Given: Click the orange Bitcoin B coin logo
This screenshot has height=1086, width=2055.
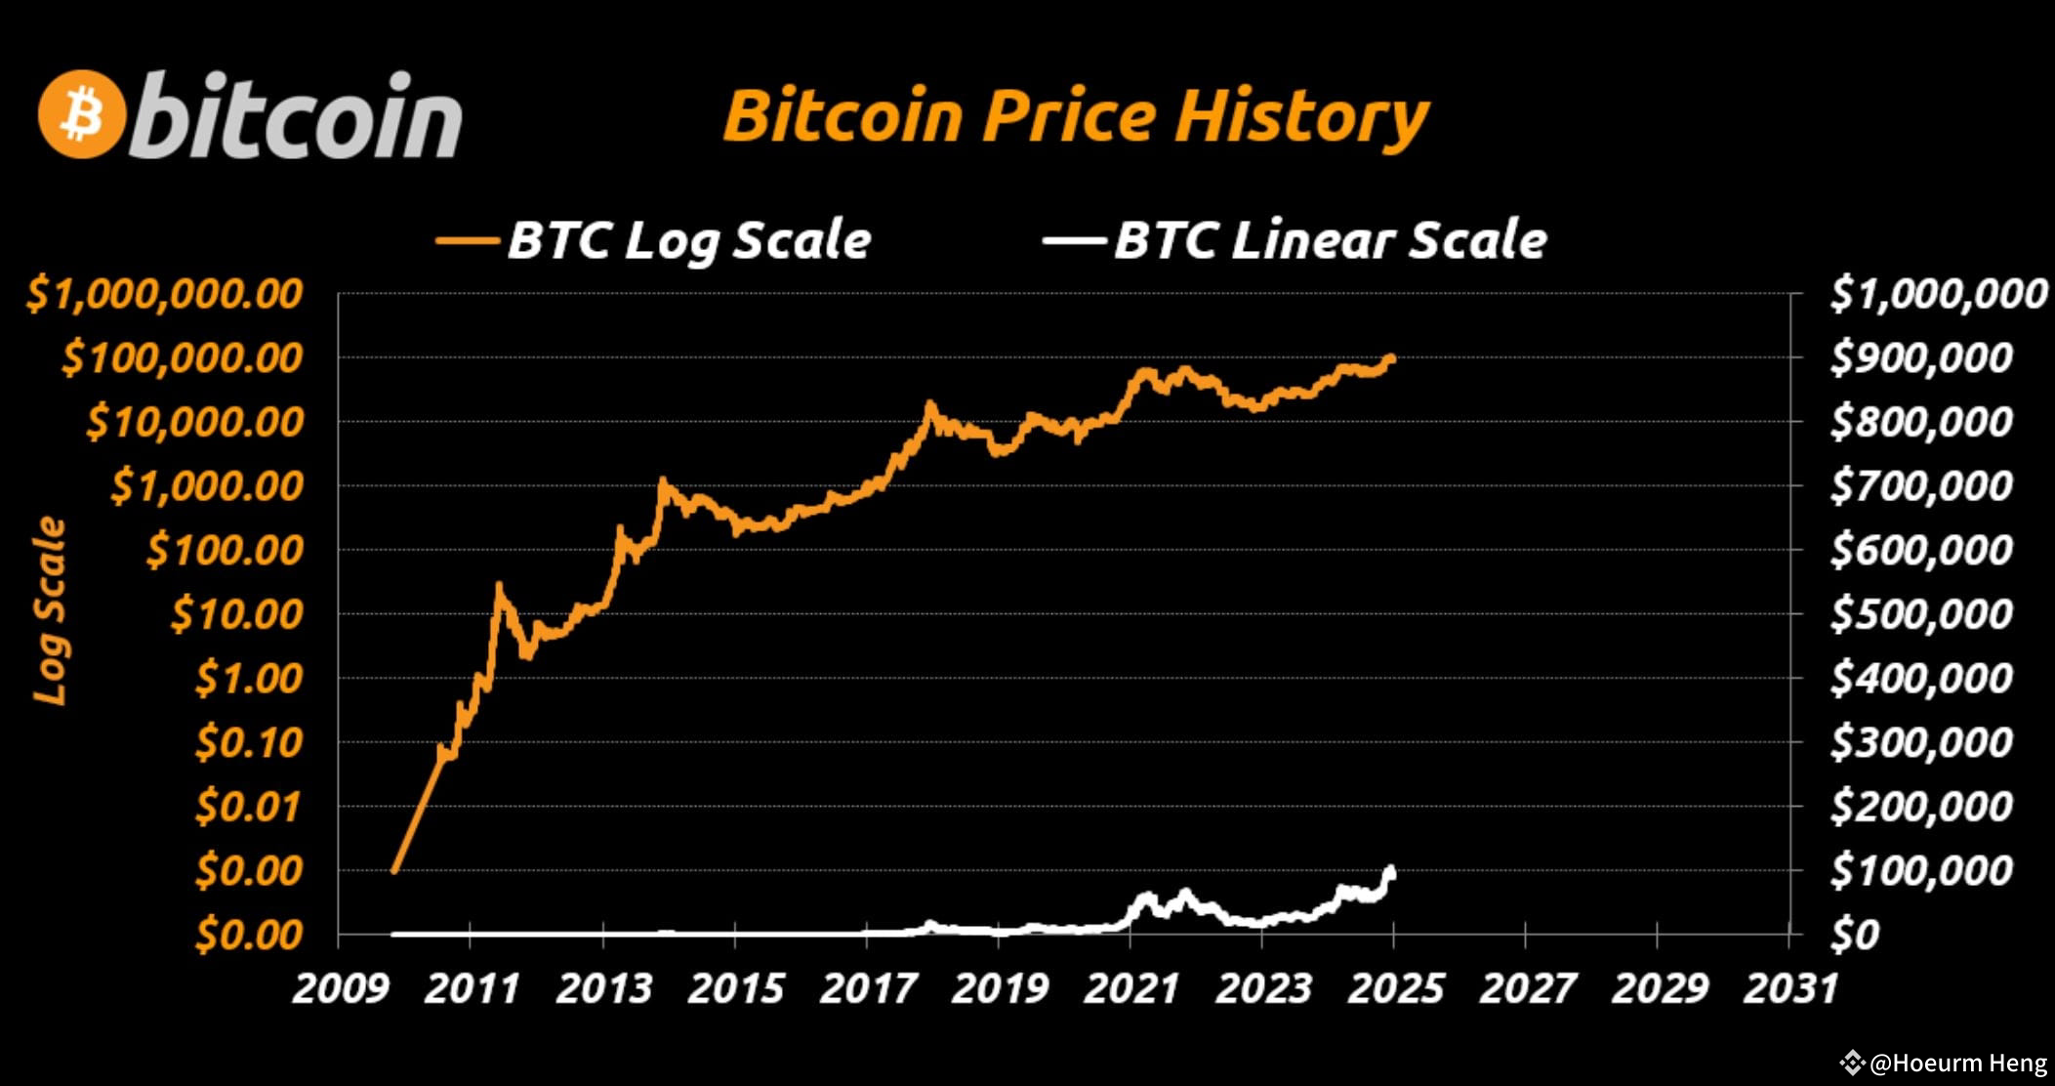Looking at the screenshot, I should coord(82,114).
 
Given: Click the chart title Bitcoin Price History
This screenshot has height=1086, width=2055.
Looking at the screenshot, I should coord(1075,116).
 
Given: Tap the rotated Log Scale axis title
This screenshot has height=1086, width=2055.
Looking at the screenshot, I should coord(50,610).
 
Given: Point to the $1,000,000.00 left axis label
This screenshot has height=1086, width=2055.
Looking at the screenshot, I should coord(164,294).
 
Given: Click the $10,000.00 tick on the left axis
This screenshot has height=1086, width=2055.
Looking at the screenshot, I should coord(194,422).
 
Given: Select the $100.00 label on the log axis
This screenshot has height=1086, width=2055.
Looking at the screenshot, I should coord(225,550).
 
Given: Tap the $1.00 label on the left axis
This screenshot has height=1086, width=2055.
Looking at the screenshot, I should coord(249,678).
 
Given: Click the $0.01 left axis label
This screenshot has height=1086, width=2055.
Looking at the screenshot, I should coord(248,806).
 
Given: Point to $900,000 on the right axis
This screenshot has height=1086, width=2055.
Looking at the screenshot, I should coord(1920,357).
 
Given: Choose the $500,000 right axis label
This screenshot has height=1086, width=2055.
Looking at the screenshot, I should coord(1920,613).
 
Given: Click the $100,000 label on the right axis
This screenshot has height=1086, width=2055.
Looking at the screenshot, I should coord(1920,869).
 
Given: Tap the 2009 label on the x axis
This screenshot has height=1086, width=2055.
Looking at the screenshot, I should coord(341,988).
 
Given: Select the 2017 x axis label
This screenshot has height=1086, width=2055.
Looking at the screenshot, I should coord(868,988).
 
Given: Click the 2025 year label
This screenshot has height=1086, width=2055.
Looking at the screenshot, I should coord(1395,988).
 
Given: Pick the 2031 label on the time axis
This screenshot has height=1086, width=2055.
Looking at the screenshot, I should coord(1790,988).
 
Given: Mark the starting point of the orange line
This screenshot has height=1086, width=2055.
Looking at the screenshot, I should coord(393,870).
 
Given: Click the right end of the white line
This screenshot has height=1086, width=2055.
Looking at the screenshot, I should coord(1391,872).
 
